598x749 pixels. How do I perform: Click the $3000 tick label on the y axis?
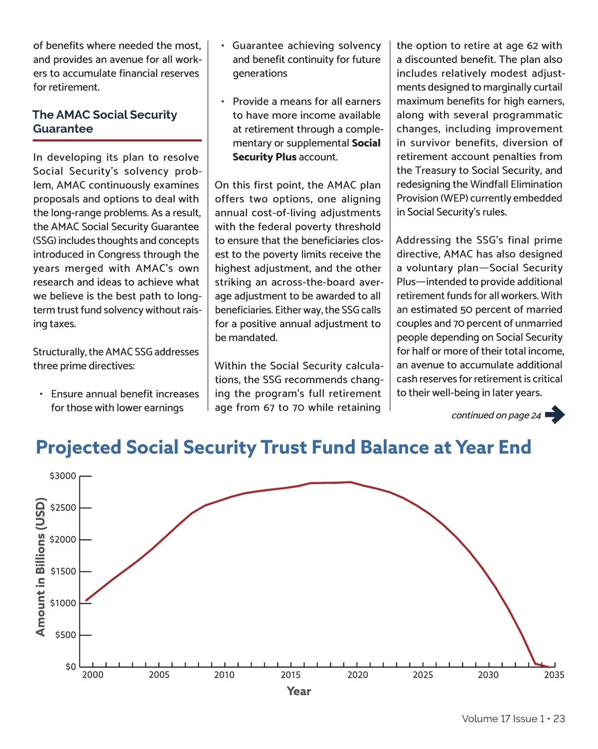point(63,476)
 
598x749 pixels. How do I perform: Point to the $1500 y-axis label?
point(63,571)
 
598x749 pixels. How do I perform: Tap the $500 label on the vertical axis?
point(65,635)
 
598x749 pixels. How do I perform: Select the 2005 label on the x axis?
point(159,675)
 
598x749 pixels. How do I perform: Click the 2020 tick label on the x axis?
point(357,675)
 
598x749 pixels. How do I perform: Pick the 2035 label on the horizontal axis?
point(554,675)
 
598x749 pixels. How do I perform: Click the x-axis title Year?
point(299,691)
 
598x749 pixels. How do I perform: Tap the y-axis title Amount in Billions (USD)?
point(40,567)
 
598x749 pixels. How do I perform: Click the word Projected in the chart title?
point(78,447)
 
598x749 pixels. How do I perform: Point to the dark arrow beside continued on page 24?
point(555,414)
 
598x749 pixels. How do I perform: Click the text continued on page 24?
point(496,415)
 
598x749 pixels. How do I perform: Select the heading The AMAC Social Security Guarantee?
point(105,122)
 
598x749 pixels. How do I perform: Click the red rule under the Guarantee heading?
point(117,140)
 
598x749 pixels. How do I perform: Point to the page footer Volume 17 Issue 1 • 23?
point(513,719)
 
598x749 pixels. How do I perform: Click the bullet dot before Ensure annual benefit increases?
point(41,394)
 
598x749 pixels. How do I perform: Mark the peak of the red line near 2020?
point(350,482)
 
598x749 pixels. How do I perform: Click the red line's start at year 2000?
point(86,600)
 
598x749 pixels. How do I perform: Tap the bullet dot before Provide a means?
point(222,102)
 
